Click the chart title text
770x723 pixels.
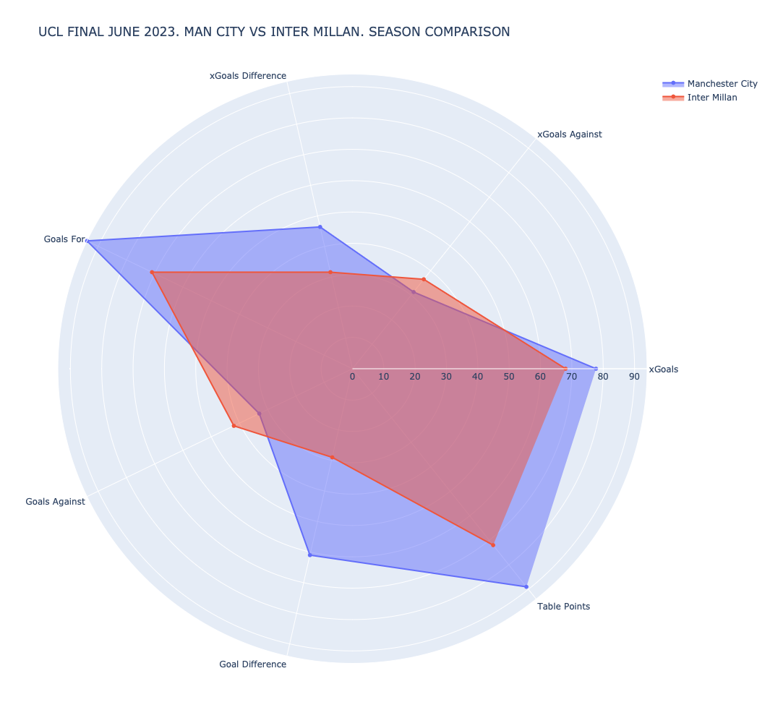(x=274, y=32)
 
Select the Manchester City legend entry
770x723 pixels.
(x=722, y=84)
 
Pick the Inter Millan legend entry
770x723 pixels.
(x=711, y=98)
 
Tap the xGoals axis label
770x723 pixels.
(x=663, y=369)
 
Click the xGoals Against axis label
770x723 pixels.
(x=569, y=134)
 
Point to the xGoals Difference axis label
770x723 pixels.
(x=247, y=76)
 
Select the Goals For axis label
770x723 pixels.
(x=64, y=239)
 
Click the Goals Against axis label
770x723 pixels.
(x=55, y=502)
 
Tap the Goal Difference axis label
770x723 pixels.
(x=252, y=664)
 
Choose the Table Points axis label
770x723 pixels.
(x=563, y=607)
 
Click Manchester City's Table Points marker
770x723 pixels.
(x=526, y=586)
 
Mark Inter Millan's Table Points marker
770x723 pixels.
(x=493, y=545)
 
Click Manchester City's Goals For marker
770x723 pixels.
(x=87, y=241)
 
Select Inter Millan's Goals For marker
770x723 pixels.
(x=152, y=273)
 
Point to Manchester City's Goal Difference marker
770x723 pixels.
(x=309, y=555)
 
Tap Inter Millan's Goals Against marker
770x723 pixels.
(x=234, y=426)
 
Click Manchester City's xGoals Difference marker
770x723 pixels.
(x=320, y=228)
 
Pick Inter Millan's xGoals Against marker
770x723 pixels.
(x=424, y=279)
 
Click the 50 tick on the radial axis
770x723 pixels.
(x=508, y=377)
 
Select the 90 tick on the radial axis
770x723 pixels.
(x=634, y=377)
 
